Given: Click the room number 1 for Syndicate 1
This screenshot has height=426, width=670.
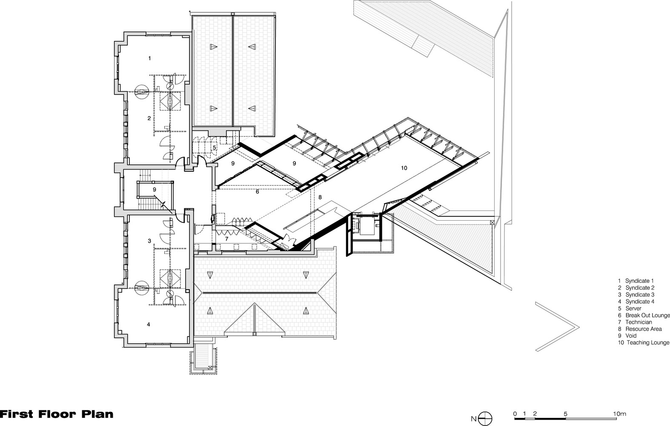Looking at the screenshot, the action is click(149, 58).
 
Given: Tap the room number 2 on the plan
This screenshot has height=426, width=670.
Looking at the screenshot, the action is click(149, 118).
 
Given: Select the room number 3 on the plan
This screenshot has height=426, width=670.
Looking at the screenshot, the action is click(149, 241).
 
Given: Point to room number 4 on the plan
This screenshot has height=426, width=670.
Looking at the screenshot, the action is click(149, 324).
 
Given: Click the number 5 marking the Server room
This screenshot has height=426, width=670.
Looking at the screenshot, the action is click(215, 147).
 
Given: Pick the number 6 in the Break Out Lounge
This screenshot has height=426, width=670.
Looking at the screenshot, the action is click(257, 192).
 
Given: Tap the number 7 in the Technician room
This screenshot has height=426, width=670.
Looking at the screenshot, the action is click(227, 239).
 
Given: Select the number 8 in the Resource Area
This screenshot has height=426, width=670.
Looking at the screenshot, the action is click(320, 197).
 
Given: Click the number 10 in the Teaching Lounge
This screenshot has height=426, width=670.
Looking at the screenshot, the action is click(404, 168).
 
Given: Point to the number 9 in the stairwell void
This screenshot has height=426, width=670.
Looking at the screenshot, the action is click(155, 190).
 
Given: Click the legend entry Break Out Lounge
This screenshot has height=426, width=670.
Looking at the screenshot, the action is click(647, 315).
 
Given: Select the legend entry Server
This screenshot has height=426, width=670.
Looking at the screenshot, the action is click(633, 308).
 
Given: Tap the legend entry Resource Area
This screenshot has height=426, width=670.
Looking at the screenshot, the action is click(644, 329).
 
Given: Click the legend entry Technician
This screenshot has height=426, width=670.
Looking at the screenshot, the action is click(639, 322).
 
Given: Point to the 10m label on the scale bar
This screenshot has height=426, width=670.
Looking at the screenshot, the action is click(619, 414).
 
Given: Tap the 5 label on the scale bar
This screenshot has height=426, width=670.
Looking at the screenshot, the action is click(565, 414).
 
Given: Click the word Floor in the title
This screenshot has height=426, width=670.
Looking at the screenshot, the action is click(57, 414).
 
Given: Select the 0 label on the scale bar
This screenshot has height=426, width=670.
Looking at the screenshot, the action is click(515, 414).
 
